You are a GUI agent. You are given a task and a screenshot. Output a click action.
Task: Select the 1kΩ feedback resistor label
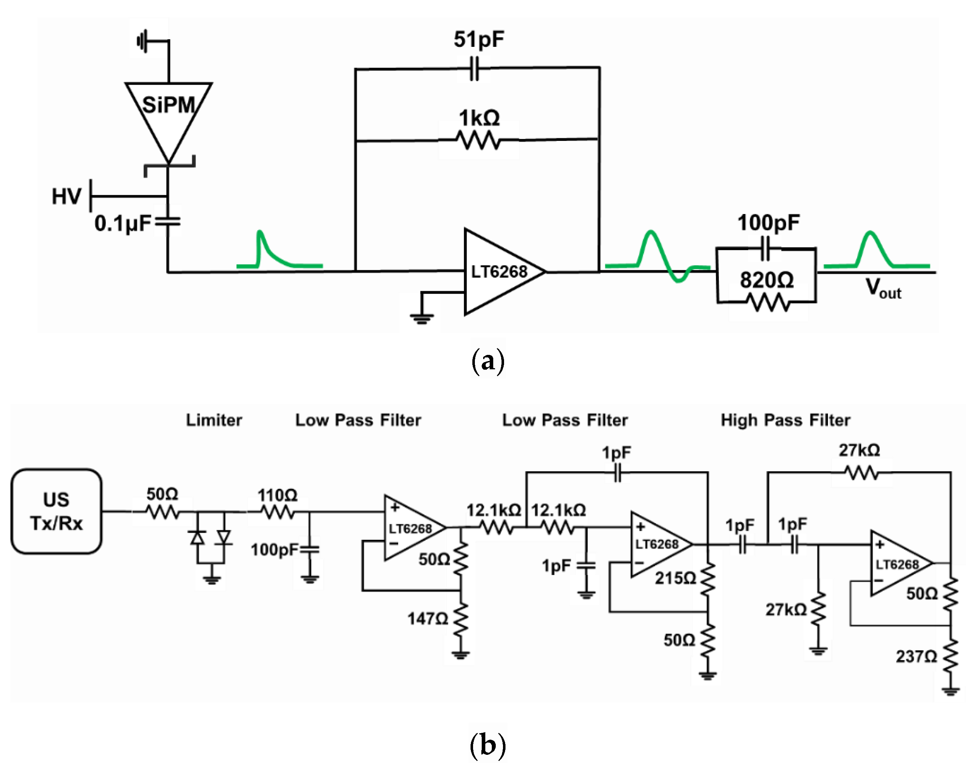coord(479,119)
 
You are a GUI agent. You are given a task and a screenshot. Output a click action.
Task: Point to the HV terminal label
coord(66,197)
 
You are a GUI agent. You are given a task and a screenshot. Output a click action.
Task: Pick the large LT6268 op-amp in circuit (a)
coord(500,272)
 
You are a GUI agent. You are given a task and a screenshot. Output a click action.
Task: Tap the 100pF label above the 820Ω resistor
coord(768,223)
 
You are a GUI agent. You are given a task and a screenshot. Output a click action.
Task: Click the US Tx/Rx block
coord(56,511)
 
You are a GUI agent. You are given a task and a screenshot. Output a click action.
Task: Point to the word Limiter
coord(214,420)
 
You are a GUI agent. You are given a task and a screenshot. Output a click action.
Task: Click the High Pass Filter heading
coord(785,420)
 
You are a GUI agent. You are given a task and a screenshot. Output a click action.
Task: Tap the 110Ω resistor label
coord(277,495)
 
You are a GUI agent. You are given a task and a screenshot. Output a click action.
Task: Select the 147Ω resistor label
coord(427,619)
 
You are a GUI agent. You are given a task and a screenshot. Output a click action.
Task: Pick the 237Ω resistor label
coord(916,656)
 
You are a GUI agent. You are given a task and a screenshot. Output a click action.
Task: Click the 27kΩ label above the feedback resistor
coord(859,450)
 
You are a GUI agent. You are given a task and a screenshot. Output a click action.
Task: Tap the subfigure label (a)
coord(488,362)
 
